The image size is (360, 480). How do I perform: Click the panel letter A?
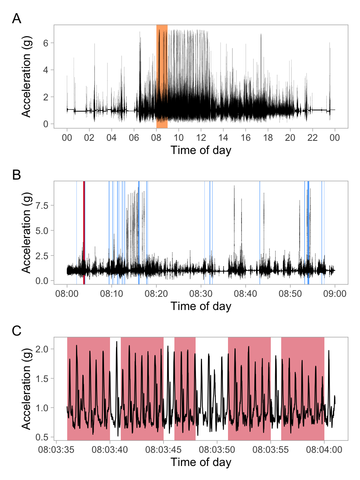(x=17, y=19)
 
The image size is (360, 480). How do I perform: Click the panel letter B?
(x=17, y=175)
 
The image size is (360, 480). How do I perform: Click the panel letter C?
(x=17, y=331)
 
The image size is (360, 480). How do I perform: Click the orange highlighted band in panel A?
(x=162, y=76)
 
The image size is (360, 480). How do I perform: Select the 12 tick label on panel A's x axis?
(x=201, y=138)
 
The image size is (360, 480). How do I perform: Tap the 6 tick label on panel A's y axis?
(x=46, y=43)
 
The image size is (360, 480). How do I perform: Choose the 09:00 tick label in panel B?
(x=335, y=294)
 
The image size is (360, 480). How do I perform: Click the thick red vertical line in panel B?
(x=84, y=232)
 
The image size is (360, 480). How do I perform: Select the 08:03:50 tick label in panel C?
(x=217, y=450)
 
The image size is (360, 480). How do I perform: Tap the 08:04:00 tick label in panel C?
(x=324, y=450)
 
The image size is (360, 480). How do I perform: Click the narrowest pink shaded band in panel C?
(x=185, y=388)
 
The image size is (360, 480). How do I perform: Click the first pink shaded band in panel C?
(x=88, y=388)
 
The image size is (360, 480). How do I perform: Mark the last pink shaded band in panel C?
(x=303, y=388)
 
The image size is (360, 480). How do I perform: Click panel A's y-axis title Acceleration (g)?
(x=26, y=76)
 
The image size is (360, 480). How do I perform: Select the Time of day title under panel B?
(x=201, y=306)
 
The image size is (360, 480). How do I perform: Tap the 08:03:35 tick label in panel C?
(x=56, y=450)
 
